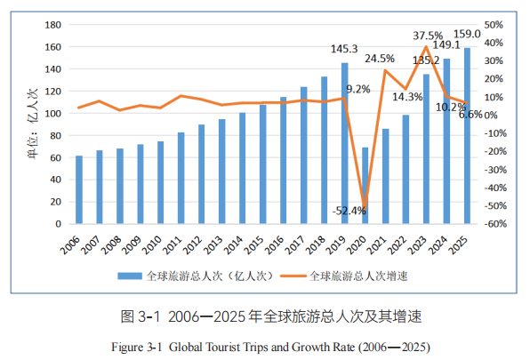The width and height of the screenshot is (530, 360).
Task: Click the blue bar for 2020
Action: [x=365, y=186]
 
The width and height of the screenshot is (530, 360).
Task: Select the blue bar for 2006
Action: [x=79, y=189]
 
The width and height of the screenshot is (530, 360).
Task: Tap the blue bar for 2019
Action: [x=344, y=143]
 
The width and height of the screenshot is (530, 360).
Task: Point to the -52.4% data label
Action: [x=349, y=211]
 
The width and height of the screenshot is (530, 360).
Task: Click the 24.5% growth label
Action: [x=380, y=59]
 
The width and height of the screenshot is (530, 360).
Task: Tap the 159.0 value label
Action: [x=468, y=35]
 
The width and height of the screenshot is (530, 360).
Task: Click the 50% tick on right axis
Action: [x=494, y=25]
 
